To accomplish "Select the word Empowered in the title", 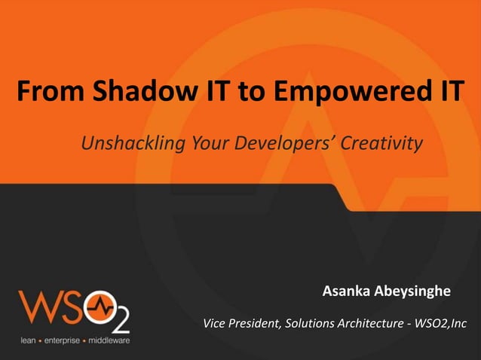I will (x=342, y=93).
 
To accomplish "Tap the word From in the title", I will (x=51, y=93).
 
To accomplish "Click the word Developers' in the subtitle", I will (x=277, y=143).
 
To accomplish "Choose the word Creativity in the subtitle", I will (x=381, y=143).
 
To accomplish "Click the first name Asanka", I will (x=350, y=291).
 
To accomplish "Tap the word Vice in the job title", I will (x=216, y=324).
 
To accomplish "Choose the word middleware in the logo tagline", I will (x=109, y=340).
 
